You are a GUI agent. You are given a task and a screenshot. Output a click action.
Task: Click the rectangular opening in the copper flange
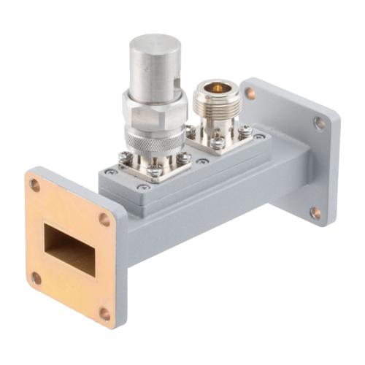click(x=69, y=249)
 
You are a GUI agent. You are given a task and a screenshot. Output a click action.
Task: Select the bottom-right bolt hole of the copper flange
click(x=104, y=313)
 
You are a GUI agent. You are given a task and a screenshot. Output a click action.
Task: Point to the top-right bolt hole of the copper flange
click(x=104, y=219)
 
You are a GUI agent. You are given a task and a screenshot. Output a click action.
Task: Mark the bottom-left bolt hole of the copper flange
click(x=36, y=277)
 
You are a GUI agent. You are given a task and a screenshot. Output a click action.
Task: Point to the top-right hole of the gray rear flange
click(x=319, y=123)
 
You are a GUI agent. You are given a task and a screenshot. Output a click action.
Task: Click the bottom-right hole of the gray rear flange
click(x=315, y=213)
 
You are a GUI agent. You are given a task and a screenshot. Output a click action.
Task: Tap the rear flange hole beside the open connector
click(x=250, y=93)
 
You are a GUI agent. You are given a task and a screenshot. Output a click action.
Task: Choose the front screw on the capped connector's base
click(x=155, y=171)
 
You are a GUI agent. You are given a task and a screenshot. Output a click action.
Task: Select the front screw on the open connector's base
click(x=217, y=143)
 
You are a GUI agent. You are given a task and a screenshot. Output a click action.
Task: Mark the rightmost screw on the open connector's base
click(x=243, y=131)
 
